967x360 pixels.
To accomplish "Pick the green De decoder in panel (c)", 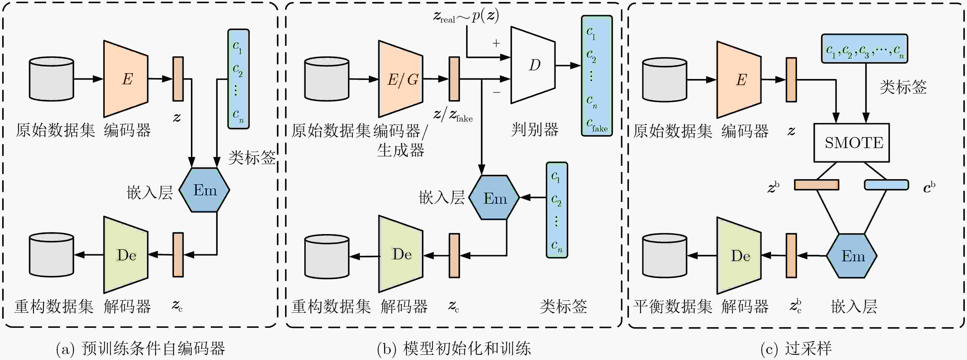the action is (739, 256).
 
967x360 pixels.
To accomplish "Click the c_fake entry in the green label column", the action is (597, 125).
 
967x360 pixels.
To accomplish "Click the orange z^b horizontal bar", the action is (817, 185).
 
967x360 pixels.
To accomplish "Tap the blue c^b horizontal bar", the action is (886, 185).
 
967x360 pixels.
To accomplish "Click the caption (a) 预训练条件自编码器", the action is (140, 349).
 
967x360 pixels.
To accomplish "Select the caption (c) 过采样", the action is (796, 349).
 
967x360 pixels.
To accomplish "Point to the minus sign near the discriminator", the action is (497, 92).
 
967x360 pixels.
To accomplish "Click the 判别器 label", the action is (535, 130).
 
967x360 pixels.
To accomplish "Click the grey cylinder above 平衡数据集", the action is (664, 256).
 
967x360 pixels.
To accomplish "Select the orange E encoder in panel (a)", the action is (126, 79).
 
